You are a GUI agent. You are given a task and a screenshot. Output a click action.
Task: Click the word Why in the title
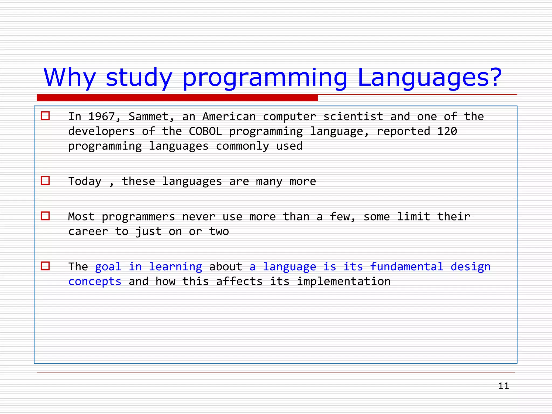(x=70, y=78)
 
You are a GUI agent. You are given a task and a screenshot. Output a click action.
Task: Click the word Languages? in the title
(x=429, y=78)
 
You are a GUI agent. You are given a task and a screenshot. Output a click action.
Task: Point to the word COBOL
(x=205, y=132)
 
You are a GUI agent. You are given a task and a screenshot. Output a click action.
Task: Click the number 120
(x=447, y=132)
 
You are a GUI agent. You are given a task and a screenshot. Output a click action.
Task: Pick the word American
(x=229, y=117)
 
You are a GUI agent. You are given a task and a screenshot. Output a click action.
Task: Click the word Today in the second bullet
(x=85, y=181)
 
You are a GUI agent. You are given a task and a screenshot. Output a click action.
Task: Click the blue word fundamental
(x=406, y=267)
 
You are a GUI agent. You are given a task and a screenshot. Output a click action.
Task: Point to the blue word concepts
(x=95, y=282)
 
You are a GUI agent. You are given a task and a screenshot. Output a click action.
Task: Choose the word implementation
(x=343, y=282)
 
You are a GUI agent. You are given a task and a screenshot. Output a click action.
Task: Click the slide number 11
(x=503, y=386)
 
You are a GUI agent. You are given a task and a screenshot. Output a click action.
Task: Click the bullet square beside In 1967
(x=45, y=116)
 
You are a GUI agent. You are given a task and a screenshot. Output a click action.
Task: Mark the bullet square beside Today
(x=45, y=181)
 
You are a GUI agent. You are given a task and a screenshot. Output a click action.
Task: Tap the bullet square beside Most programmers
(x=45, y=216)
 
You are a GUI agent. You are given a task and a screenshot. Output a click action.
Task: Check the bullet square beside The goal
(x=45, y=266)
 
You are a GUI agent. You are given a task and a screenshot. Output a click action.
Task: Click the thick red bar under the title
(x=177, y=98)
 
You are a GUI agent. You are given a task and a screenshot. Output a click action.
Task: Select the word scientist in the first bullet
(x=353, y=117)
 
